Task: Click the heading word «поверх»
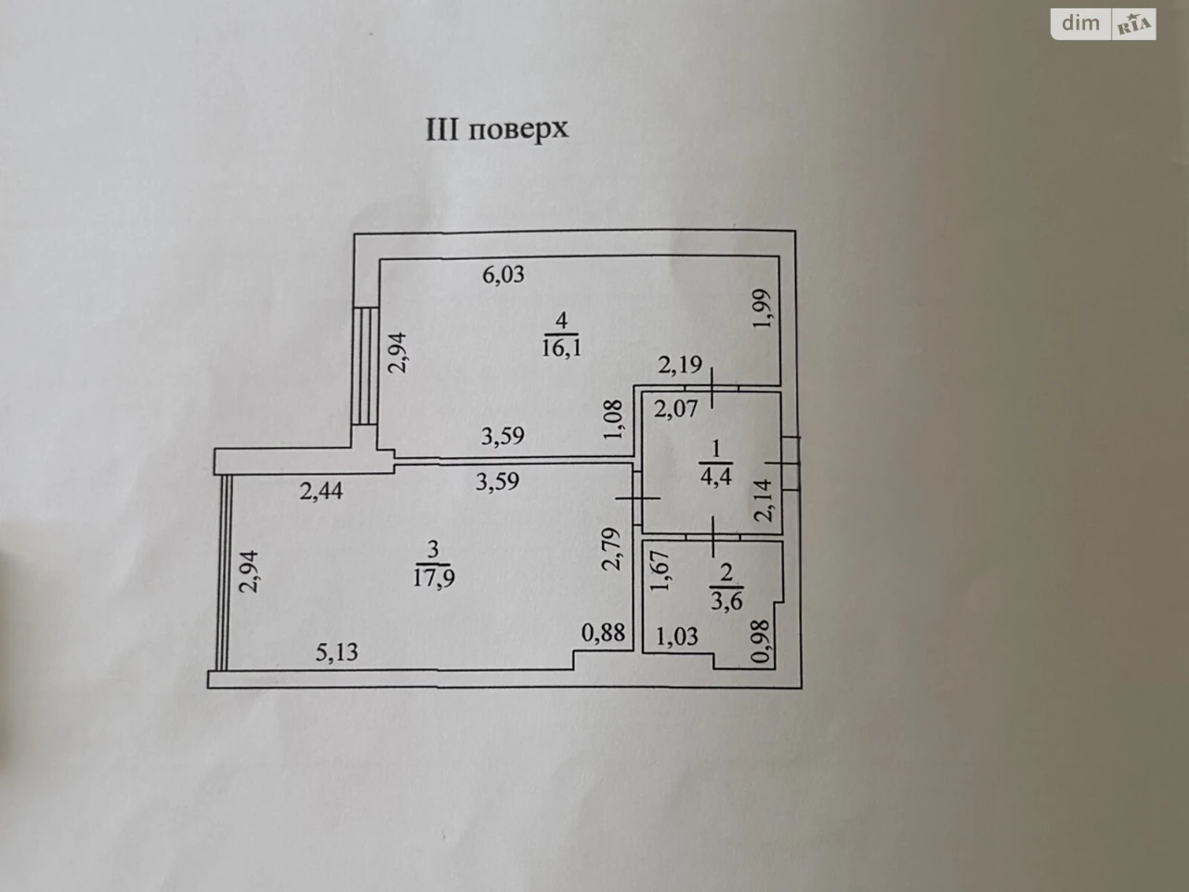tap(518, 131)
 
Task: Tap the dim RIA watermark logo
tap(1104, 24)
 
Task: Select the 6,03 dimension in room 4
tap(503, 275)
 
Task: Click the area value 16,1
tap(562, 348)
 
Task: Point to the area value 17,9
tap(434, 577)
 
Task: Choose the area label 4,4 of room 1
tap(716, 477)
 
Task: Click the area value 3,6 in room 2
tap(726, 601)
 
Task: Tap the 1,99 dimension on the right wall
tap(761, 308)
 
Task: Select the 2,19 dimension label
tap(680, 365)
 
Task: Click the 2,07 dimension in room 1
tap(675, 408)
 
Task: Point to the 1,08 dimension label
tap(614, 419)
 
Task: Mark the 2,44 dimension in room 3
tap(321, 492)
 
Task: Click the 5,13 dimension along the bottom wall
tap(336, 652)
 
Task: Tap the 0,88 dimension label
tap(603, 633)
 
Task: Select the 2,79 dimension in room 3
tap(611, 549)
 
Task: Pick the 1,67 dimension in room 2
tap(660, 571)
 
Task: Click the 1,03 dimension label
tap(676, 636)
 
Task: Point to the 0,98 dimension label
tap(761, 642)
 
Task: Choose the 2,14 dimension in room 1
tap(764, 501)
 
